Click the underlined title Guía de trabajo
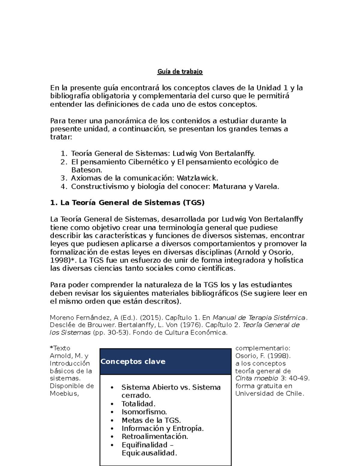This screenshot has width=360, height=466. tap(180, 72)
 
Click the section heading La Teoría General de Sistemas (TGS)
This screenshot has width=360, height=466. tap(127, 203)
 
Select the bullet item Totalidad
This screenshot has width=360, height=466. tap(138, 404)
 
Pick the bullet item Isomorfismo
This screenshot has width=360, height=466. tap(144, 412)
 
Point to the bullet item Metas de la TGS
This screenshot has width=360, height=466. tap(151, 420)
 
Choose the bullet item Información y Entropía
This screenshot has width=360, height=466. tap(162, 428)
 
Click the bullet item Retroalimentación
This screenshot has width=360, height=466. tap(154, 437)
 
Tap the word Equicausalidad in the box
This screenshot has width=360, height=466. tap(149, 453)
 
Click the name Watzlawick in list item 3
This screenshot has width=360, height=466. tap(197, 178)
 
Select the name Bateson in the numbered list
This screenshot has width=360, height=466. tap(86, 170)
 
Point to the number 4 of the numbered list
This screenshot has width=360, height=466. tap(63, 187)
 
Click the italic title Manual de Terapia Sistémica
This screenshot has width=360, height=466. tap(259, 318)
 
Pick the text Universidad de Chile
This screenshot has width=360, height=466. tap(269, 394)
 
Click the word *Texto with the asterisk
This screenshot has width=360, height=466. tap(60, 348)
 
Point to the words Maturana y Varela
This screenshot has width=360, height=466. tap(246, 187)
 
